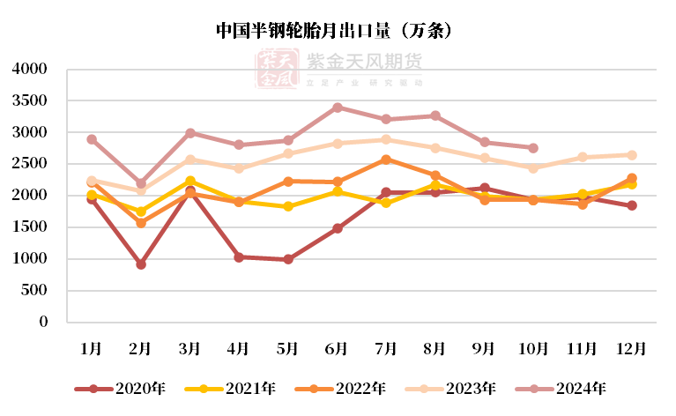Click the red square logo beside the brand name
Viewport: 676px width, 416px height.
275,69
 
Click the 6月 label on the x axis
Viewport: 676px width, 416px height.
337,349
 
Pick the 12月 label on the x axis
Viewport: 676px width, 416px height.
631,349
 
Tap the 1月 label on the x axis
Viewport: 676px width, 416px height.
92,349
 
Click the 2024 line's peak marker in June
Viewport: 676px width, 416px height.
337,108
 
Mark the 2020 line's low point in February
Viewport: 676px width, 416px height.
141,264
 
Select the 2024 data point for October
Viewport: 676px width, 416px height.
533,148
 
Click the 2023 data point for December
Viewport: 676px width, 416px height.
631,155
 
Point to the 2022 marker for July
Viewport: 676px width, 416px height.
386,160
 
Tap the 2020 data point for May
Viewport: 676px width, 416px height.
288,259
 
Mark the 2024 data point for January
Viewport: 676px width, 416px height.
92,139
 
